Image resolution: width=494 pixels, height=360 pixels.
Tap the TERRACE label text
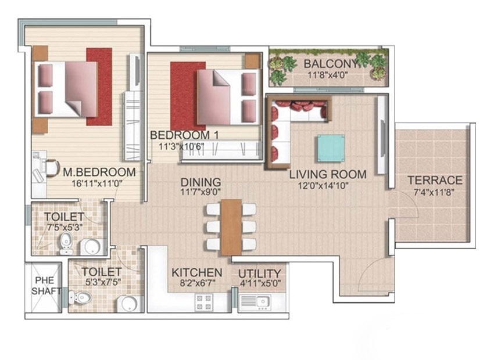click(x=435, y=180)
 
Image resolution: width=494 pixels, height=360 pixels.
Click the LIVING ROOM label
click(x=328, y=174)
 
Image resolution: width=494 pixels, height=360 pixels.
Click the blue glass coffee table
click(x=331, y=147)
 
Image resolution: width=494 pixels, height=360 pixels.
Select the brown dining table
click(x=231, y=226)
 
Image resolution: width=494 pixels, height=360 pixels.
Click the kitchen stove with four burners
click(x=204, y=301)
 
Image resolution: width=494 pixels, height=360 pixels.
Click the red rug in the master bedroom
click(x=99, y=86)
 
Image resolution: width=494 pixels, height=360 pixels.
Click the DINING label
click(x=200, y=181)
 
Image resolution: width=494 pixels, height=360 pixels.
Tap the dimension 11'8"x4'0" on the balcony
click(x=327, y=75)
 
